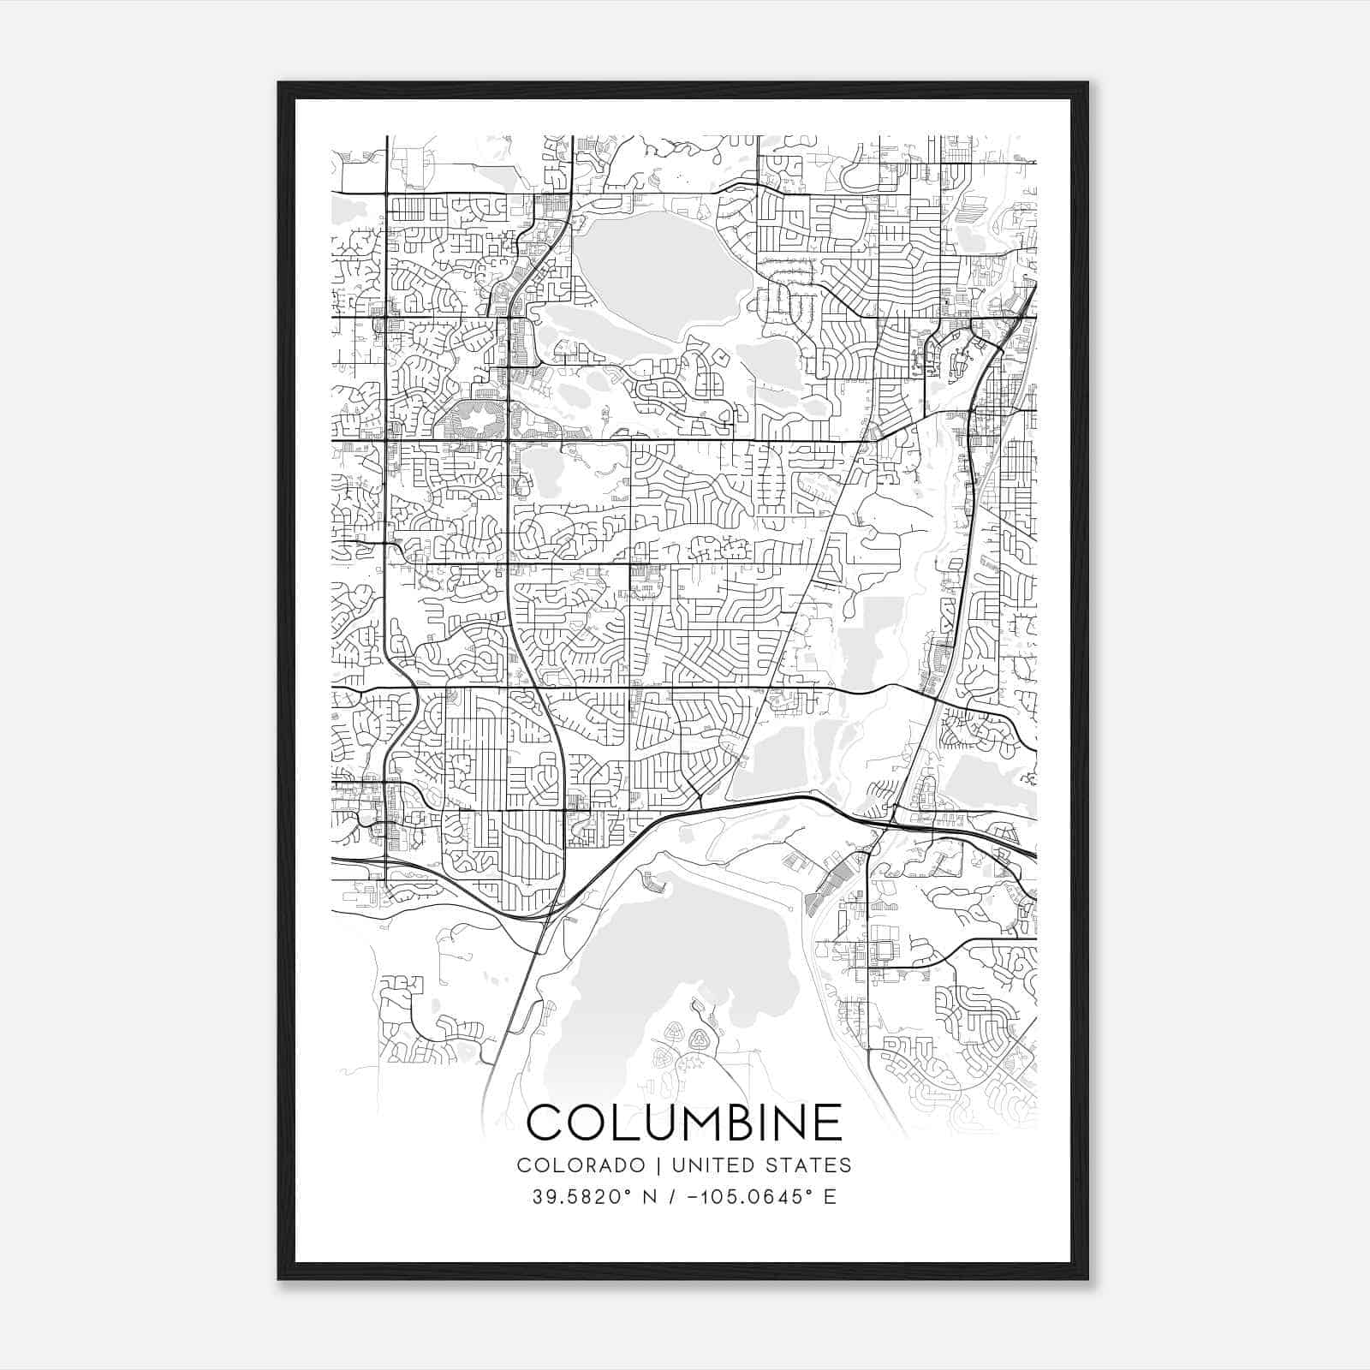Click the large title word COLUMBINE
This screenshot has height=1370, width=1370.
click(x=684, y=1123)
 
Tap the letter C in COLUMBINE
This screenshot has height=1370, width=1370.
click(x=545, y=1123)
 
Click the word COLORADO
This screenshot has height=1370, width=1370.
click(x=581, y=1165)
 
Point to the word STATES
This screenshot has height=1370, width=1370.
click(x=810, y=1165)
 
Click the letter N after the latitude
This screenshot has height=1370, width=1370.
click(x=648, y=1196)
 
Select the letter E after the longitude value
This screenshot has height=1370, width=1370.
click(x=829, y=1196)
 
